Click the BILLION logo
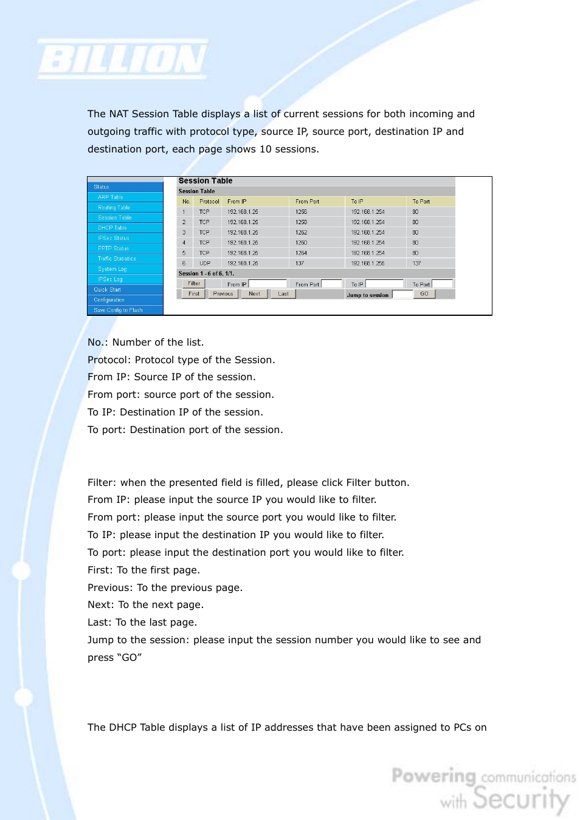coord(123,60)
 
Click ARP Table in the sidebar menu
coord(111,197)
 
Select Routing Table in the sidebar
coord(114,208)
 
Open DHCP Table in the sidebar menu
coord(112,228)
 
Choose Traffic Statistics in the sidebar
coord(117,259)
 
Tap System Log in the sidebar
coord(112,269)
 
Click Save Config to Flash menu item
coord(118,310)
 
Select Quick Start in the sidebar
coord(107,290)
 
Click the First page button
coord(194,294)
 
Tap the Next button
coord(254,294)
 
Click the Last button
coord(283,294)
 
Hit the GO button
coord(424,294)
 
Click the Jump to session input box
coord(402,295)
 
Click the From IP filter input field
coord(268,284)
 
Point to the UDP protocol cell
coord(205,264)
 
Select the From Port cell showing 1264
coord(302,253)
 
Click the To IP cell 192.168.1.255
coord(368,264)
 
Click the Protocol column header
coord(209,202)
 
